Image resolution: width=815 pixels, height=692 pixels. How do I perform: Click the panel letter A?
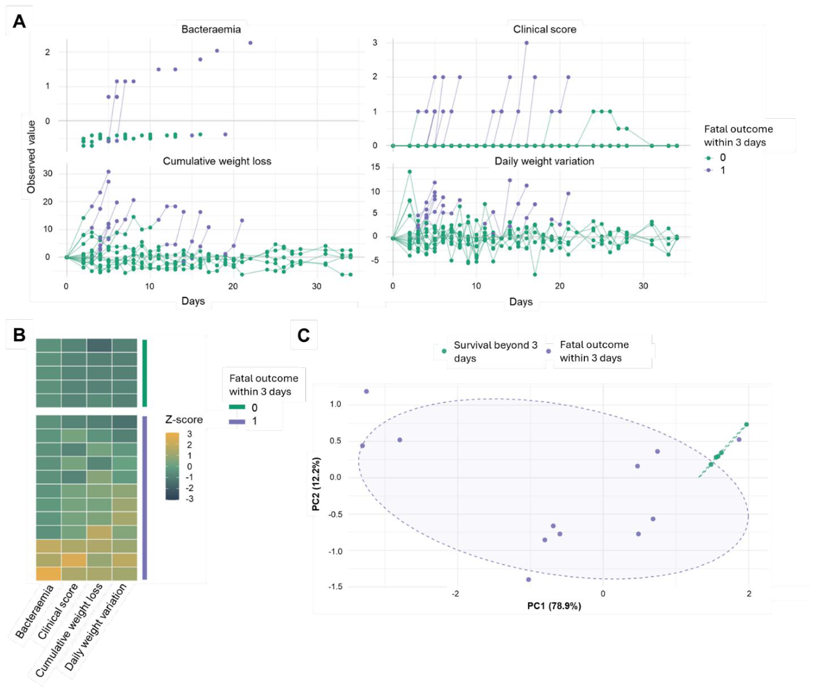pyautogui.click(x=19, y=21)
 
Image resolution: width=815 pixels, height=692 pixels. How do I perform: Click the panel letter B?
pyautogui.click(x=19, y=335)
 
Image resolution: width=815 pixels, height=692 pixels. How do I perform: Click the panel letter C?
pyautogui.click(x=304, y=336)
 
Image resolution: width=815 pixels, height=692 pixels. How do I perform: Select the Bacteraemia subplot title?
pyautogui.click(x=211, y=29)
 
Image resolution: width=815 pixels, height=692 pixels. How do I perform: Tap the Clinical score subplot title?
pyautogui.click(x=545, y=29)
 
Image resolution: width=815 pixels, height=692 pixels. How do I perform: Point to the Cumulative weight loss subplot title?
pyautogui.click(x=217, y=161)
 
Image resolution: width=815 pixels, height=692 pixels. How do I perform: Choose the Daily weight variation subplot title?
pyautogui.click(x=544, y=161)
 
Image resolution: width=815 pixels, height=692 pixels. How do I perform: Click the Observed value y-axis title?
pyautogui.click(x=31, y=157)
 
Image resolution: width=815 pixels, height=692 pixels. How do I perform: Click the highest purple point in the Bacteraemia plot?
pyautogui.click(x=250, y=43)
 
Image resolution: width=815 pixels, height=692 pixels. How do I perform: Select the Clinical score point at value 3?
pyautogui.click(x=526, y=43)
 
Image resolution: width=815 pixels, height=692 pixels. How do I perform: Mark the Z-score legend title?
pyautogui.click(x=184, y=419)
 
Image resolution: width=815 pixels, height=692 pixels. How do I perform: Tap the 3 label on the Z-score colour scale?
pyautogui.click(x=190, y=434)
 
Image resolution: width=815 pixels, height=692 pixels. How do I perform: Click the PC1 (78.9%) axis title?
pyautogui.click(x=554, y=606)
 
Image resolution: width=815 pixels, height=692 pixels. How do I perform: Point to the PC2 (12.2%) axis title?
pyautogui.click(x=316, y=484)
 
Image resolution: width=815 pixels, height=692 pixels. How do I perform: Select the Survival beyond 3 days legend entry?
pyautogui.click(x=491, y=351)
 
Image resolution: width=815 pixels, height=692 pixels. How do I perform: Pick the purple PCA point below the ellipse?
pyautogui.click(x=528, y=579)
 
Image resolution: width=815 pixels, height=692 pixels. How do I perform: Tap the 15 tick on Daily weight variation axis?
pyautogui.click(x=375, y=167)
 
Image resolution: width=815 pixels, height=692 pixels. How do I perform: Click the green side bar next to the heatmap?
pyautogui.click(x=145, y=373)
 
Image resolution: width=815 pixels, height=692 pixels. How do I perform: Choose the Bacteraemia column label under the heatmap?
pyautogui.click(x=34, y=612)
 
